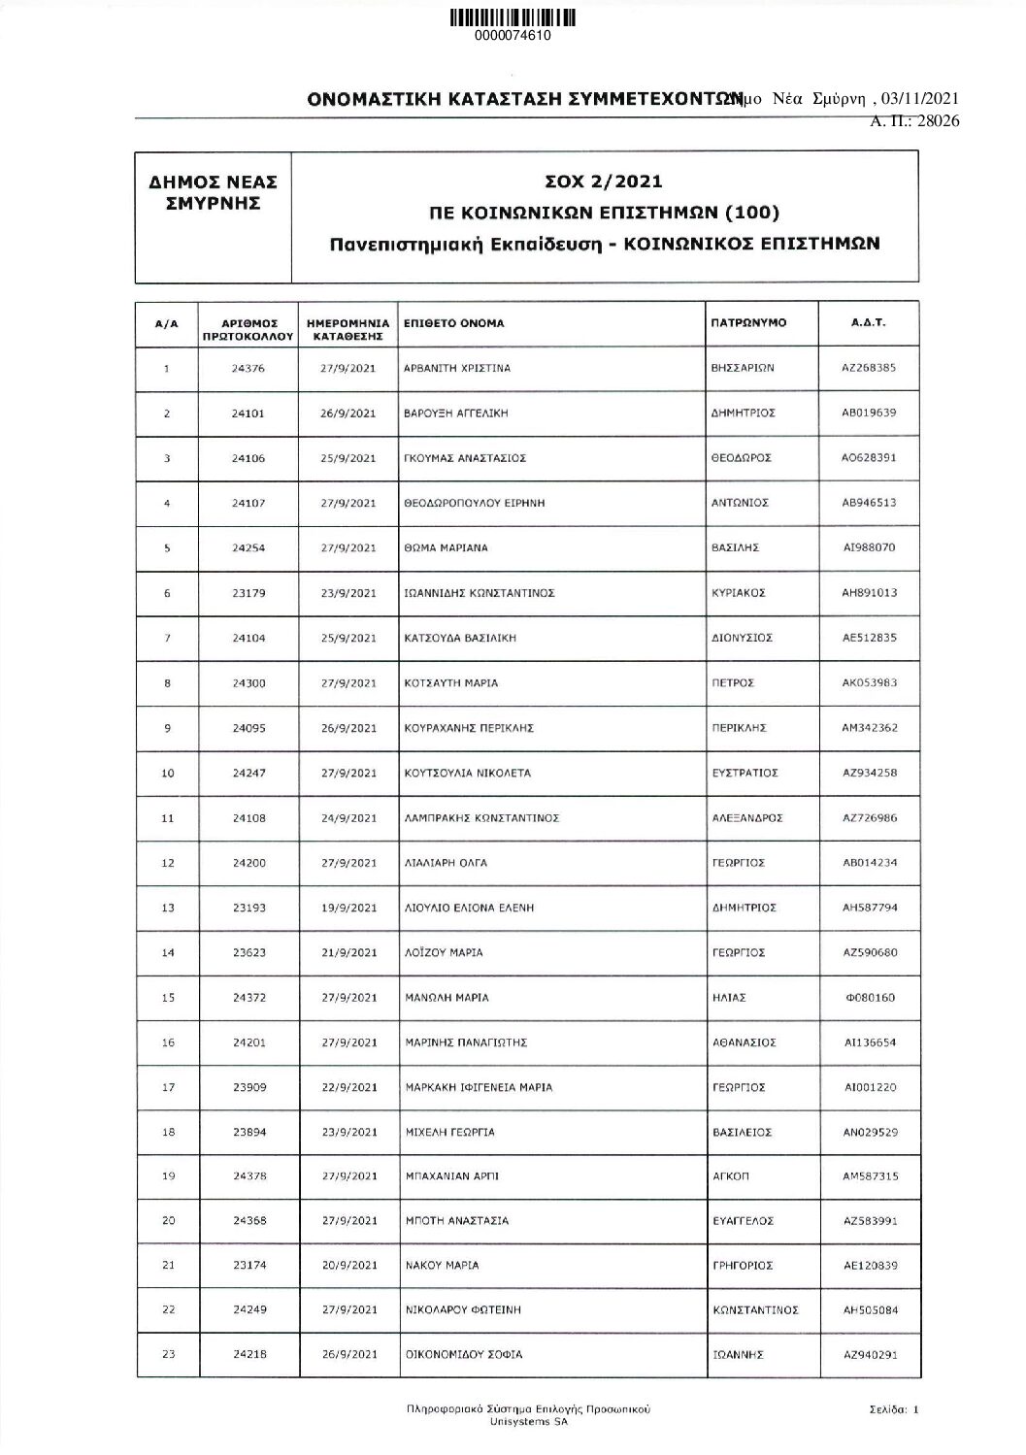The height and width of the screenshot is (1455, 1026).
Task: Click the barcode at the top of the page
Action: pyautogui.click(x=513, y=17)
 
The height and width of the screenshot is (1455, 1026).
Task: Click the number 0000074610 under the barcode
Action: pyautogui.click(x=513, y=36)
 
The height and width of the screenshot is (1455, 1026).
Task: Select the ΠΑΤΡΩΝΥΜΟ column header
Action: pyautogui.click(x=748, y=323)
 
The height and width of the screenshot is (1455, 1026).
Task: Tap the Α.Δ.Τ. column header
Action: pyautogui.click(x=869, y=323)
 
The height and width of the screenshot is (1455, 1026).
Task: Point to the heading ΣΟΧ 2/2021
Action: pyautogui.click(x=605, y=182)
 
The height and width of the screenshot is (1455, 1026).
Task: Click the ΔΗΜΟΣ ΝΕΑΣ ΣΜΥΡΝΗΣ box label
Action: pyautogui.click(x=214, y=192)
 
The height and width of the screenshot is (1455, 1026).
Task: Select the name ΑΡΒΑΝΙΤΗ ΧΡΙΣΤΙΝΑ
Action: pyautogui.click(x=457, y=369)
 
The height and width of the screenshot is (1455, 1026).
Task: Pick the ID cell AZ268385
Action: pyautogui.click(x=869, y=369)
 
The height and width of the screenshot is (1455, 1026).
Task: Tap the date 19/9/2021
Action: pyautogui.click(x=348, y=908)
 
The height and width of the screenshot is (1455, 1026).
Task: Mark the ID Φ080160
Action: pyautogui.click(x=869, y=998)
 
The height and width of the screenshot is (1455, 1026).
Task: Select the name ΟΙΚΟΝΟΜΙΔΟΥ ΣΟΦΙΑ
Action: pyautogui.click(x=463, y=1355)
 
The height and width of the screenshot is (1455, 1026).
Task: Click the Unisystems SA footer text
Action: pyautogui.click(x=528, y=1415)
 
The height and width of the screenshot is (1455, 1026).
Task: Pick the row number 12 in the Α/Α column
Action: pyautogui.click(x=167, y=863)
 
